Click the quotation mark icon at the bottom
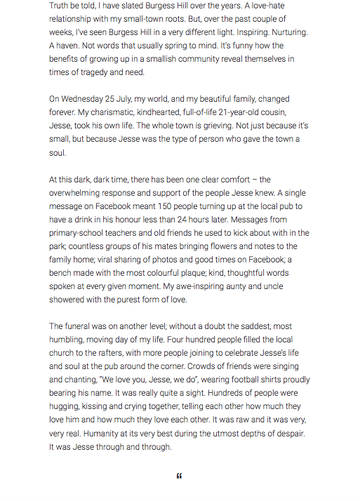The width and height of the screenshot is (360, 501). tap(180, 476)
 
